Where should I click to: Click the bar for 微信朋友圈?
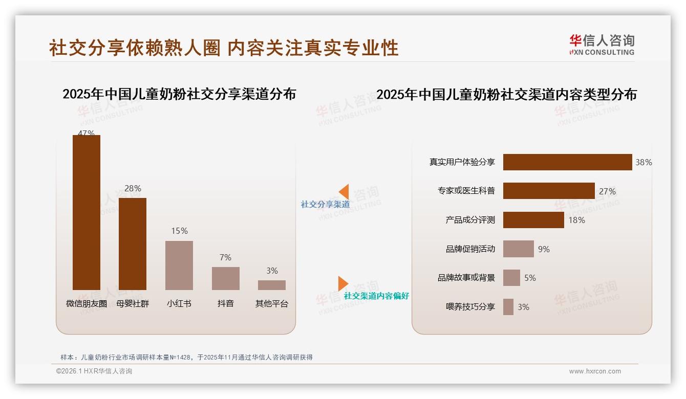point(86,212)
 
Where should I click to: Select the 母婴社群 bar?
point(133,244)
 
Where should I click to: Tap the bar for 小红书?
point(179,265)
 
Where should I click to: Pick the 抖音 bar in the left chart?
point(225,278)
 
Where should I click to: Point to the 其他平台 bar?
point(272,285)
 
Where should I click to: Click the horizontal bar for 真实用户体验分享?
point(567,162)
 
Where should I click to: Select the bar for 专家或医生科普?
point(549,191)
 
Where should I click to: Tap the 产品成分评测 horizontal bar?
point(533,220)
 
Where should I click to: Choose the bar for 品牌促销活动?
point(518,249)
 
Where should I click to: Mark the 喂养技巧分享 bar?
point(508,307)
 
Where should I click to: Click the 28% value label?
point(133,189)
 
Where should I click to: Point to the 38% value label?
point(644,163)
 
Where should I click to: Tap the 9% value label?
point(544,249)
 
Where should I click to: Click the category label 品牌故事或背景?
point(466,278)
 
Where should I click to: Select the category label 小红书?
point(179,303)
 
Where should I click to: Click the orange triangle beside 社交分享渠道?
point(344,191)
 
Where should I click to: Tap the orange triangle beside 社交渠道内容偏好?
point(342,283)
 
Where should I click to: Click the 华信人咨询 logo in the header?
point(602,45)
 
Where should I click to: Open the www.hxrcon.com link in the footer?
point(595,371)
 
